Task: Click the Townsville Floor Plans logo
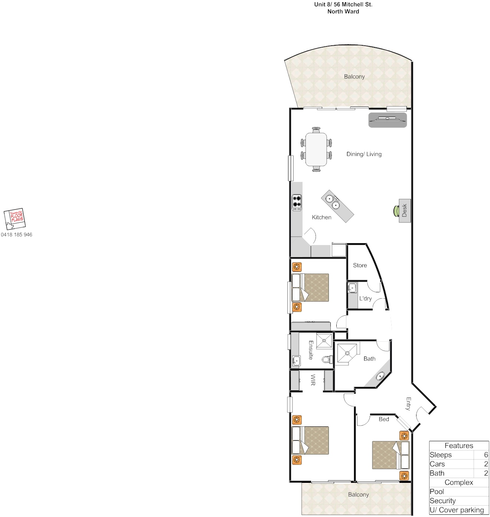15,219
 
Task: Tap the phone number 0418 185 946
17,235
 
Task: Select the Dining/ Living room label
364,154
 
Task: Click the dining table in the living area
316,149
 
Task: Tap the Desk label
405,210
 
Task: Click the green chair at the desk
396,211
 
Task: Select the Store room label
360,265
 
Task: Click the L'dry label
365,299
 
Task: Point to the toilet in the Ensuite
327,360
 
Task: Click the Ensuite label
311,350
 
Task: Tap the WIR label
313,380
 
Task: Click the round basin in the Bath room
380,376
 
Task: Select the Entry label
408,404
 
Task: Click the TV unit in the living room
388,120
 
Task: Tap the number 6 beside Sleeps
486,455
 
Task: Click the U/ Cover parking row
457,510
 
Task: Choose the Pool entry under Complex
437,491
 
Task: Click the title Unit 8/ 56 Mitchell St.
343,4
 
